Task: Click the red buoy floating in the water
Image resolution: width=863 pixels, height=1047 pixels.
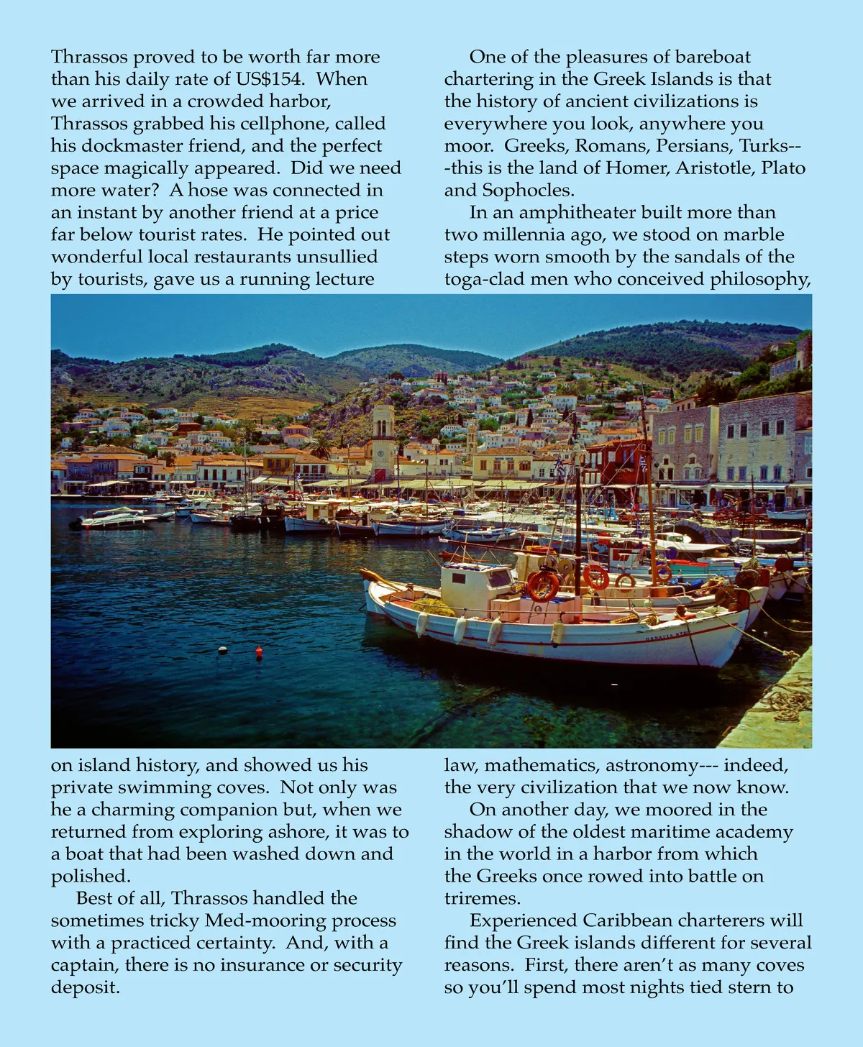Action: coord(259,651)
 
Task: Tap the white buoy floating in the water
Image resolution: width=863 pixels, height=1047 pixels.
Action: coord(223,649)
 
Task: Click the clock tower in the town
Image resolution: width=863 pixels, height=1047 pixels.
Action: coord(383,439)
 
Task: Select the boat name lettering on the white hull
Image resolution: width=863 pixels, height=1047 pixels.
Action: coord(667,636)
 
